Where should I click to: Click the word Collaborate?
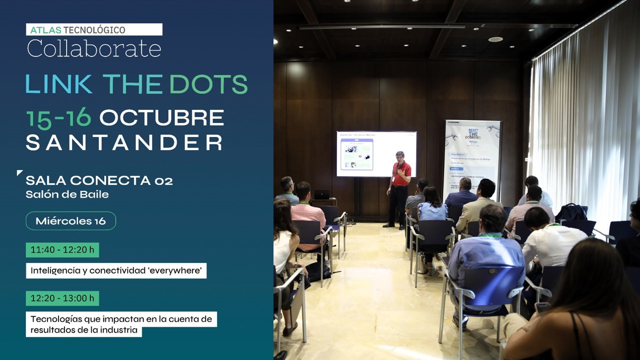click(94, 48)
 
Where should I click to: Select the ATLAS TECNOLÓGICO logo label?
click(94, 29)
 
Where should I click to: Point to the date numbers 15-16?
click(58, 118)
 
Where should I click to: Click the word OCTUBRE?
click(161, 118)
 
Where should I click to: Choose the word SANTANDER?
click(124, 142)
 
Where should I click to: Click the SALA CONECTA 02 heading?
click(99, 180)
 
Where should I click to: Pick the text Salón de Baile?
click(67, 194)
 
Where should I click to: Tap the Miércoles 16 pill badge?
click(70, 221)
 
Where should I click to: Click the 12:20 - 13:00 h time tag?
click(62, 298)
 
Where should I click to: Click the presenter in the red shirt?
click(399, 187)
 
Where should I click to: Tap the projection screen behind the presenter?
click(376, 153)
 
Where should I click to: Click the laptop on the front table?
click(321, 194)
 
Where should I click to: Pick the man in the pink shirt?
click(307, 210)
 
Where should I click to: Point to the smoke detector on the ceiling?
click(495, 39)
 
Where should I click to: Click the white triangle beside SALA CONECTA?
click(19, 173)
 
